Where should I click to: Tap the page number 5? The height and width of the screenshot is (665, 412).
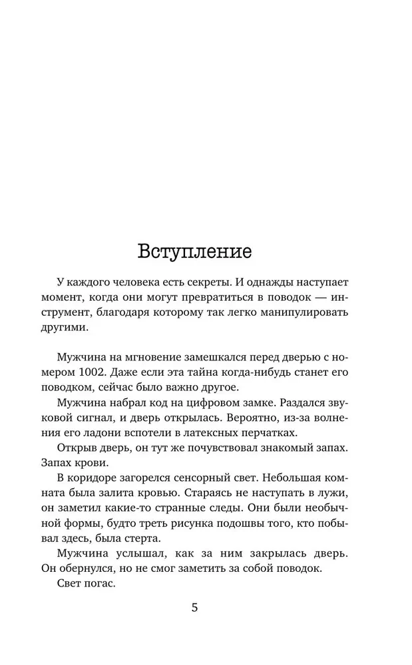point(194,608)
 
